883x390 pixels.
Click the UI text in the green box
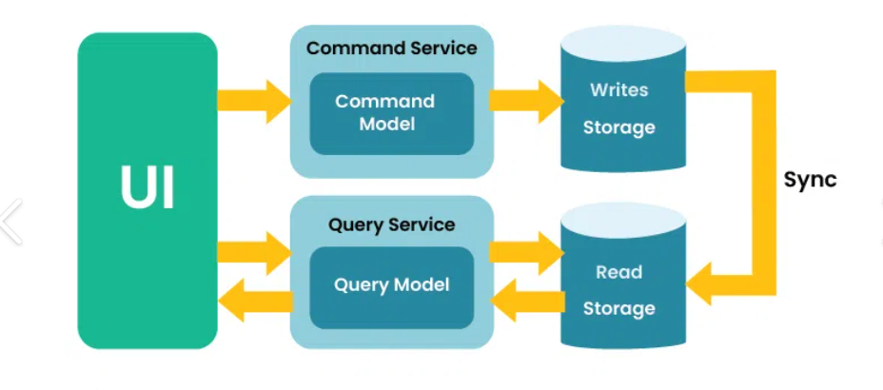click(147, 188)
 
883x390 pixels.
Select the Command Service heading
click(391, 48)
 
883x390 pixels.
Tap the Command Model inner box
click(391, 112)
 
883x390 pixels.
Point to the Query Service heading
click(391, 225)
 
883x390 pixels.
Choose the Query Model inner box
click(391, 285)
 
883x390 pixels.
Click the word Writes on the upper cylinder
click(618, 90)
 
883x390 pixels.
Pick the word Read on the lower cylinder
click(618, 272)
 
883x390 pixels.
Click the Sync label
click(810, 180)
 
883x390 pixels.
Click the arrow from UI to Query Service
click(253, 253)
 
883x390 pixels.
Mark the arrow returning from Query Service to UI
click(253, 302)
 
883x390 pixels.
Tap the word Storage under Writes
click(618, 127)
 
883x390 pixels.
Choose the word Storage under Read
click(618, 308)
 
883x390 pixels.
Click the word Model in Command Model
click(386, 124)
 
